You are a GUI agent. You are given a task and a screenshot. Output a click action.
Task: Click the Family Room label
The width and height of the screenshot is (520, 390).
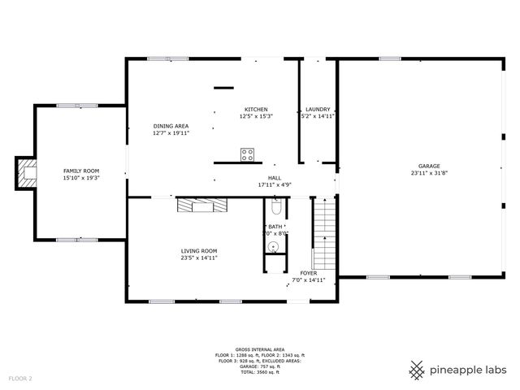(80, 171)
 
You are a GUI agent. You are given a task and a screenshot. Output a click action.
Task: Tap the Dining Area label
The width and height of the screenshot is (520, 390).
(171, 126)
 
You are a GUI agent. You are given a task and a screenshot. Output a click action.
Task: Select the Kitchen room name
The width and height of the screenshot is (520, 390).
(256, 110)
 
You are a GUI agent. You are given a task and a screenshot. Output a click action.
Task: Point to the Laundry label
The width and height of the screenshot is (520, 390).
(318, 110)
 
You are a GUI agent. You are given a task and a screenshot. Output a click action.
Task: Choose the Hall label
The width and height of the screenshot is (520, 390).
(274, 178)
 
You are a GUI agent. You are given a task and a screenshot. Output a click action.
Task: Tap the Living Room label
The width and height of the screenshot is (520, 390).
(198, 251)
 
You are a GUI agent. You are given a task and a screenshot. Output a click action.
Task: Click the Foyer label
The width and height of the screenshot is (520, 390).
(309, 273)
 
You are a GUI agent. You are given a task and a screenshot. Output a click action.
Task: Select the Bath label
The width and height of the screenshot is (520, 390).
(275, 227)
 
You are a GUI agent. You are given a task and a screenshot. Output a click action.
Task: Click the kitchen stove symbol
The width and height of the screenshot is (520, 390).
(248, 154)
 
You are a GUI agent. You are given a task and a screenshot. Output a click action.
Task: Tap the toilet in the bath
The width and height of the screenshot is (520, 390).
(275, 209)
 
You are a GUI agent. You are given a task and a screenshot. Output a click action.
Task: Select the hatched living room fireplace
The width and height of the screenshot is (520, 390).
(203, 206)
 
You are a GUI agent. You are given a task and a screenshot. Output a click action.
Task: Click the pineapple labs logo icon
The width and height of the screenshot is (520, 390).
(417, 370)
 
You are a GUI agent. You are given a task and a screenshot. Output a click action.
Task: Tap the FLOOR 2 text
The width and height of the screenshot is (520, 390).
(20, 379)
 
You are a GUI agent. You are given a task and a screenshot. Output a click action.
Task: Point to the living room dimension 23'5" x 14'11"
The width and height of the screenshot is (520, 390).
(198, 258)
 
